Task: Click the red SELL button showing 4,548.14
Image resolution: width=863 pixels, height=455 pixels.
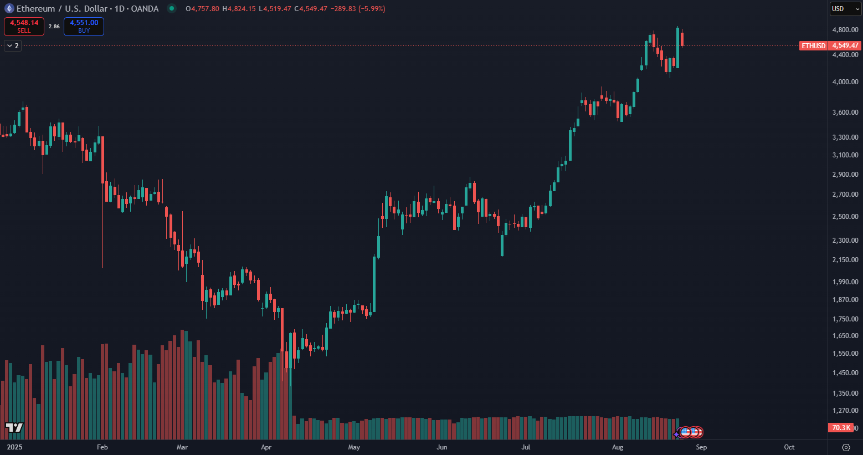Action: pos(24,26)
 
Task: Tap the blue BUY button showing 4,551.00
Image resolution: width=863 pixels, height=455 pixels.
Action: pos(84,26)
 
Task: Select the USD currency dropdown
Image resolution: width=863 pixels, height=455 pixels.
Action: pos(845,9)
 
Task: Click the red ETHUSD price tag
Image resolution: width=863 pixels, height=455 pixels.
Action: pos(813,46)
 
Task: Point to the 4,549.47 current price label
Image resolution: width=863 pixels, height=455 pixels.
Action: pos(845,46)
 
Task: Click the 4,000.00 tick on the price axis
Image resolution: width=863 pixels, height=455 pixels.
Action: pos(845,82)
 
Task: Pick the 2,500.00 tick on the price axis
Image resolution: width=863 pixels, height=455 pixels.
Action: pos(845,217)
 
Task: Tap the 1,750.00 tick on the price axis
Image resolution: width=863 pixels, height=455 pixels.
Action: pos(845,319)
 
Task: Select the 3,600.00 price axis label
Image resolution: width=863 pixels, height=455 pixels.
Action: pos(845,113)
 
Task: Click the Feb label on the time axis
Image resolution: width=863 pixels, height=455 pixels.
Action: pos(102,447)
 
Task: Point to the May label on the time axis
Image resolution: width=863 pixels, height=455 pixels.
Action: pos(354,447)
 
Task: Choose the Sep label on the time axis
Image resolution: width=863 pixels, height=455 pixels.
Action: pos(701,447)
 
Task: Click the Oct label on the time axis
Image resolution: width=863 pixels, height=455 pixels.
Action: pos(789,447)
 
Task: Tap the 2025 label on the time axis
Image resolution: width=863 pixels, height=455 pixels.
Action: pos(14,447)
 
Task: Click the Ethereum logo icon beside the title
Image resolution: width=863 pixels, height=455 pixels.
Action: pos(9,9)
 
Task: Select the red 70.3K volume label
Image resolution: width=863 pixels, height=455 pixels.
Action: pos(841,428)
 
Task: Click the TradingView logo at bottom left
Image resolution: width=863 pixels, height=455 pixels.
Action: pos(14,427)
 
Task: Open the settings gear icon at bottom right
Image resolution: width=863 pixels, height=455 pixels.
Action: pos(846,447)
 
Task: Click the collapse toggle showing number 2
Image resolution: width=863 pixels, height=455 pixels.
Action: pos(13,46)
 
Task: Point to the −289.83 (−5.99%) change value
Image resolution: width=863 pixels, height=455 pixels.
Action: pos(358,9)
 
